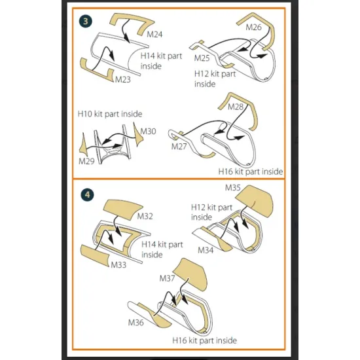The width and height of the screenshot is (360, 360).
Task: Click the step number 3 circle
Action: point(85,22)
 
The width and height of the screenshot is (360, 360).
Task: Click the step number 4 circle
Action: point(87,195)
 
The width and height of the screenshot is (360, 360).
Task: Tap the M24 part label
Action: point(154,35)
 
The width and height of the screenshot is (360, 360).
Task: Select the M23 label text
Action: point(122,79)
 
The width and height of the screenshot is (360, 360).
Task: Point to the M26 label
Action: point(253,27)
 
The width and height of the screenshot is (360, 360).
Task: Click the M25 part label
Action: point(202,58)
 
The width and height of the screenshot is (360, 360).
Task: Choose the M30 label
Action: point(148,132)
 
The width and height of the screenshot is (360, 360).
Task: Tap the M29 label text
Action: point(86,161)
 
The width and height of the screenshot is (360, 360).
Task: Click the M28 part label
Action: point(236,107)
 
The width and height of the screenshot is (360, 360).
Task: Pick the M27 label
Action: point(179,147)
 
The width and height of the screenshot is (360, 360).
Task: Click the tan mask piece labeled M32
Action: point(123,209)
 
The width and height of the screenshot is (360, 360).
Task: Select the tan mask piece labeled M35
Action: point(255,201)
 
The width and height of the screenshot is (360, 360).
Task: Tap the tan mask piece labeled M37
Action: point(190,273)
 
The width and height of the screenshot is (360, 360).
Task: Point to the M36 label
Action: point(135,323)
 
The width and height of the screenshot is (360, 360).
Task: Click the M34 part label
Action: point(206,250)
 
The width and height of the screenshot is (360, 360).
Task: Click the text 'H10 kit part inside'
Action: point(110,114)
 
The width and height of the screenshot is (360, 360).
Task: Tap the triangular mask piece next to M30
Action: point(137,135)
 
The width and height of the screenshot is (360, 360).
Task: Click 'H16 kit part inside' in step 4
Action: point(205,340)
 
